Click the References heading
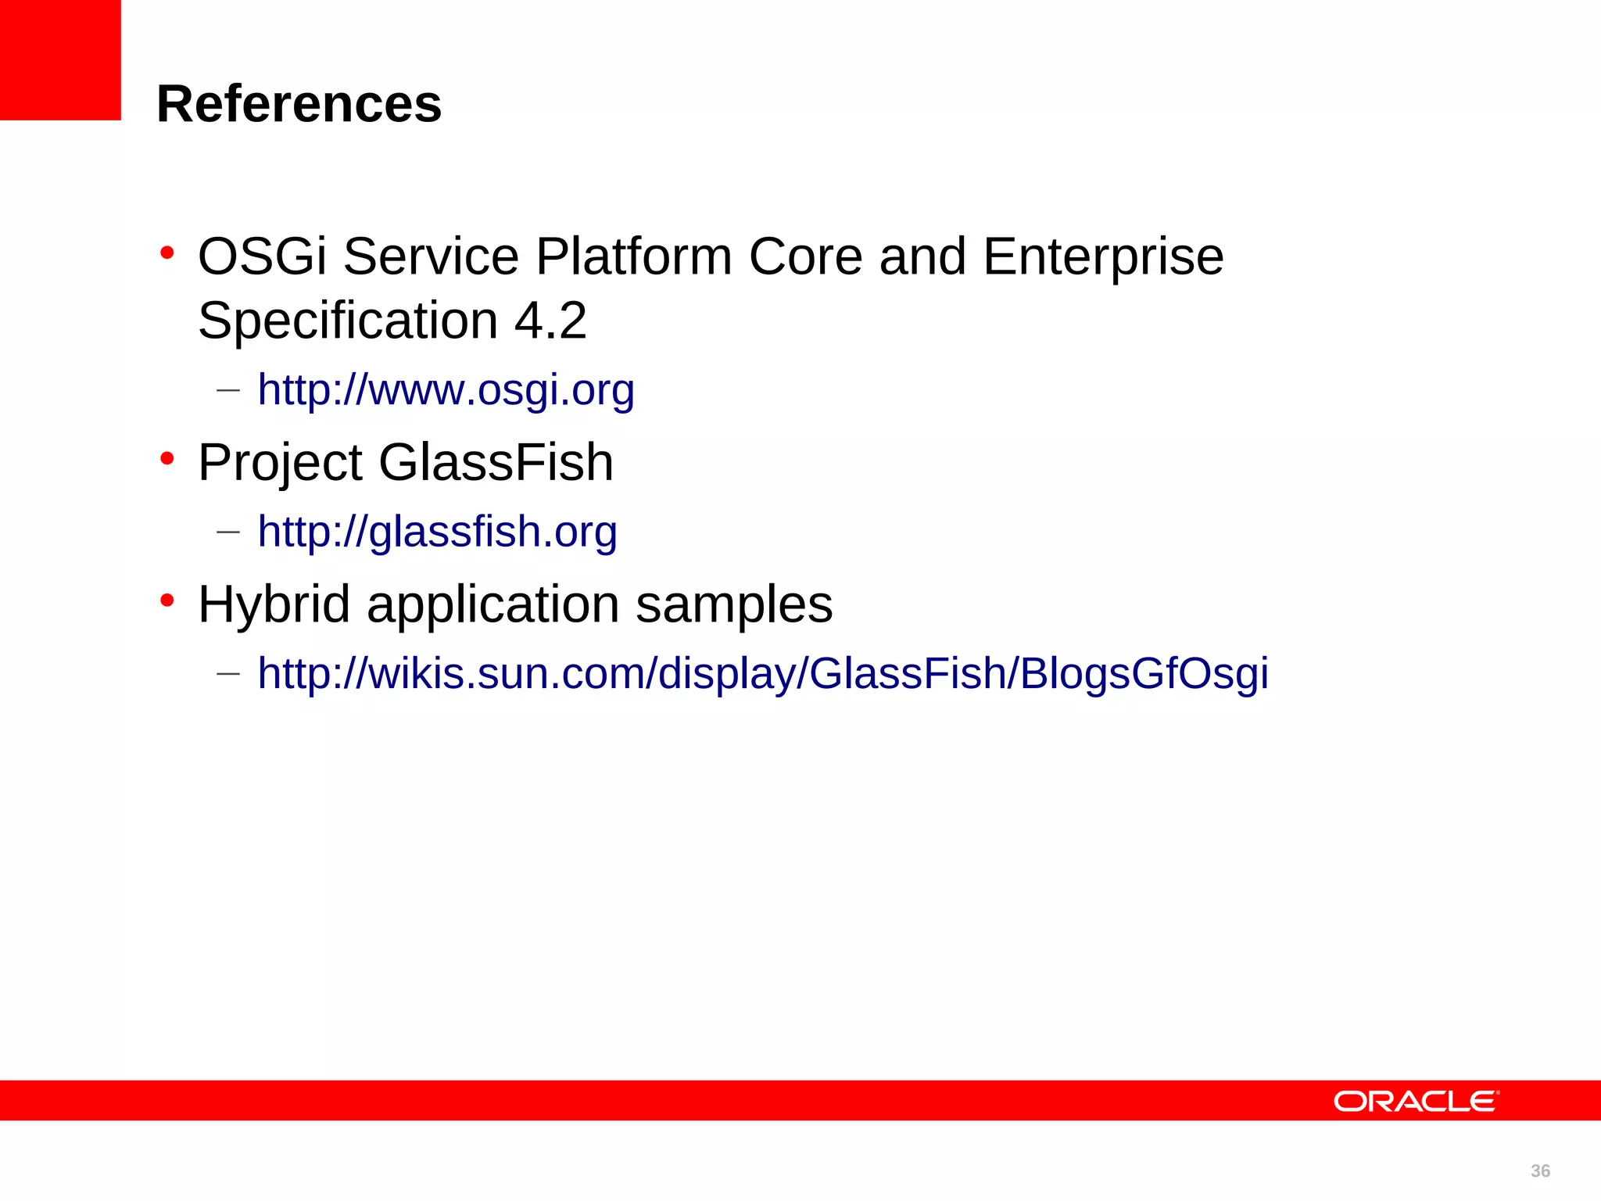(299, 104)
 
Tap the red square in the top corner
(60, 59)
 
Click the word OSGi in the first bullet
(261, 256)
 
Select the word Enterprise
(1103, 256)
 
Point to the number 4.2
(550, 321)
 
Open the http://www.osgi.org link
(446, 389)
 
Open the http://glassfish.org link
(437, 532)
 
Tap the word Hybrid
(274, 604)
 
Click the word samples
(733, 604)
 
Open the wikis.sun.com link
(762, 673)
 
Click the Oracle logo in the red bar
(1416, 1101)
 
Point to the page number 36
(1540, 1171)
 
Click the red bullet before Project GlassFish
(167, 459)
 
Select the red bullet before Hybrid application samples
(167, 601)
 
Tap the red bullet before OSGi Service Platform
(167, 253)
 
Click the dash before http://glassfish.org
(227, 532)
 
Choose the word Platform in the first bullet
(633, 256)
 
